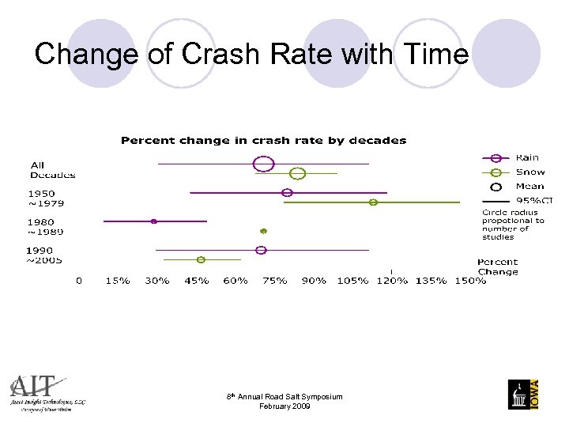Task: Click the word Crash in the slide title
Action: (x=217, y=55)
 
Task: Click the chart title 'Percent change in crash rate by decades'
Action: (x=263, y=141)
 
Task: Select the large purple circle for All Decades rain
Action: (x=263, y=164)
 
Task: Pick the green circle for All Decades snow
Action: (x=297, y=174)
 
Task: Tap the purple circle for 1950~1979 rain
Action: (x=287, y=192)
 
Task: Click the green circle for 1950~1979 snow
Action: (x=373, y=202)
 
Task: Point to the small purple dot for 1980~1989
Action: (x=154, y=221)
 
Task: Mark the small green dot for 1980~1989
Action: (x=264, y=231)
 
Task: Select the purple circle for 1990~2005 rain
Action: (x=262, y=250)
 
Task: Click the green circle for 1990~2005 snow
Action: (x=201, y=259)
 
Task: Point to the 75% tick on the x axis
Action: (x=274, y=281)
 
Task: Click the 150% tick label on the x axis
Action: (x=470, y=281)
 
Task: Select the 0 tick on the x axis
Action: (x=78, y=281)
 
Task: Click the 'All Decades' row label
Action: (x=52, y=170)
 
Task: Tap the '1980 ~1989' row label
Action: (x=46, y=227)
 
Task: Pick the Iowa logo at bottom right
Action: (x=524, y=394)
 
